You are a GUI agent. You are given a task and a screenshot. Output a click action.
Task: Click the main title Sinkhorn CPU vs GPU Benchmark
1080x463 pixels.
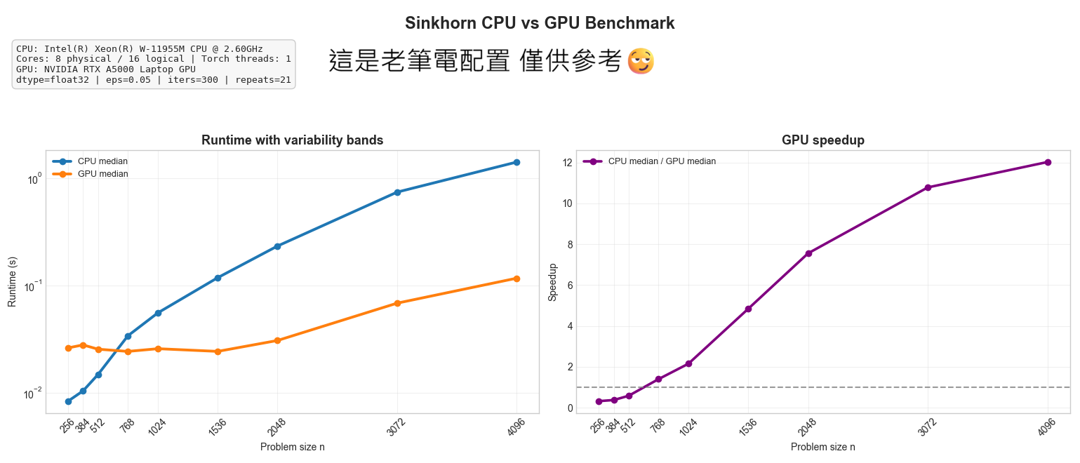(x=540, y=23)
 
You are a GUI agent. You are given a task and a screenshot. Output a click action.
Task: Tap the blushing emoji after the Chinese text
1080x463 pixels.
(x=641, y=62)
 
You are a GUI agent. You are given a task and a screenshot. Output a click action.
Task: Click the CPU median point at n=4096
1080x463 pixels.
(x=516, y=162)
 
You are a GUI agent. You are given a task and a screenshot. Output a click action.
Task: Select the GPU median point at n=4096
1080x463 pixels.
(x=516, y=279)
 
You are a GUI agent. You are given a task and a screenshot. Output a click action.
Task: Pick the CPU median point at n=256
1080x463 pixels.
(x=68, y=401)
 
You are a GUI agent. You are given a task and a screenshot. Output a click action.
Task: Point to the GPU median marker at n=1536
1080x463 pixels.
(x=218, y=351)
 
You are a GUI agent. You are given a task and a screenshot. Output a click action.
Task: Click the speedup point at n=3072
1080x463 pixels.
(x=928, y=187)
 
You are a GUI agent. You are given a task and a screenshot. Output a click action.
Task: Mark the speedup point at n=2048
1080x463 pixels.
(x=808, y=253)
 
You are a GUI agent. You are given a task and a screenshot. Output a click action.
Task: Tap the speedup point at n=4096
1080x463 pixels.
(x=1048, y=162)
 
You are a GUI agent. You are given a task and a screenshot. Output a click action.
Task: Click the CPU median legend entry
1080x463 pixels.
(x=102, y=161)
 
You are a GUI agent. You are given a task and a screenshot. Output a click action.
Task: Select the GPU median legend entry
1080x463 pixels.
(x=102, y=174)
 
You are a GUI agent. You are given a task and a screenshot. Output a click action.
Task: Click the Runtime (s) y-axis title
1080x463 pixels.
(x=12, y=281)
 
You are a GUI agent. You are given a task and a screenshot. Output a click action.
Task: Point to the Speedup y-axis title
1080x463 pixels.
(x=552, y=282)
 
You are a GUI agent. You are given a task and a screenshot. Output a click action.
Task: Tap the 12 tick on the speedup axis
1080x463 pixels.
(x=566, y=163)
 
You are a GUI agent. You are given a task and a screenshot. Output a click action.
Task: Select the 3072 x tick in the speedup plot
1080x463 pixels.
(x=926, y=426)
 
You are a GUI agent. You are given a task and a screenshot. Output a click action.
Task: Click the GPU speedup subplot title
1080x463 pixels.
(x=823, y=140)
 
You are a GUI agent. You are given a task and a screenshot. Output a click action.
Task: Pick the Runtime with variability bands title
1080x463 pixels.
(x=292, y=140)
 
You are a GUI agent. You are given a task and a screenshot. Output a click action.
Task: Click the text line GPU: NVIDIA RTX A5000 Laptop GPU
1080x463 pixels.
(x=106, y=69)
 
